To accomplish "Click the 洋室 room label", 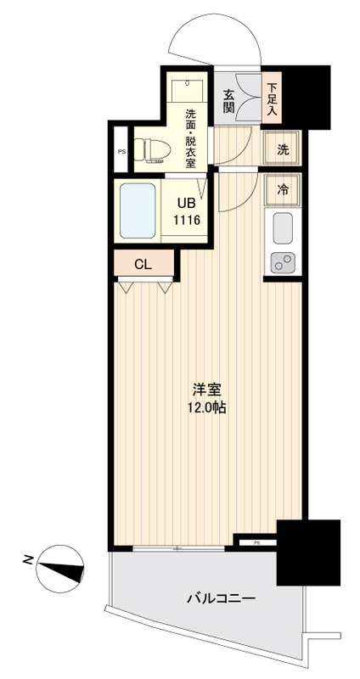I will click(208, 390).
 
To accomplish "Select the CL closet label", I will click(143, 263).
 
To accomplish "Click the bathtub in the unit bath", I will click(137, 209).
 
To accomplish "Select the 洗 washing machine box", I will click(282, 149).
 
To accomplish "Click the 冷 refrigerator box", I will click(282, 189).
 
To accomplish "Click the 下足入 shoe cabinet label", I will click(272, 98).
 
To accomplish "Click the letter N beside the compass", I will click(28, 559).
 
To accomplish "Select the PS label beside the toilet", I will click(121, 154).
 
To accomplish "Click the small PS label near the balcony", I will click(256, 539).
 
